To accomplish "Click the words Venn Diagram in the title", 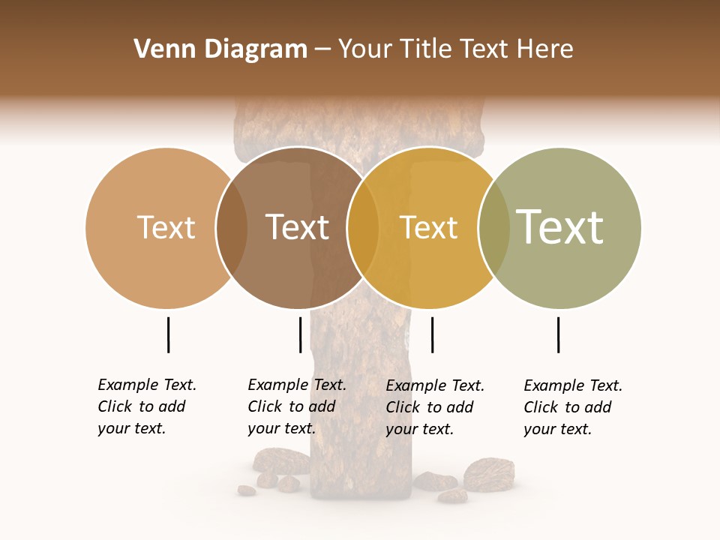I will (220, 49).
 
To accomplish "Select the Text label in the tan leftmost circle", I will (166, 227).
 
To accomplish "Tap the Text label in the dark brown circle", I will (297, 227).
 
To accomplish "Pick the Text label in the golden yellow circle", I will (428, 227).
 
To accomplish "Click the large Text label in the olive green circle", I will (559, 226).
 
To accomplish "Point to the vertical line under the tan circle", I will (168, 334).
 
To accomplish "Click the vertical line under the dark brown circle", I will (300, 334).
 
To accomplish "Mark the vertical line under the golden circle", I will (432, 334).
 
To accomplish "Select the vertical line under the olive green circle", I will (558, 334).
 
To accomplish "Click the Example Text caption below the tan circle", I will (146, 406).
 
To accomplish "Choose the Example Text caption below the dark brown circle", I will (296, 406).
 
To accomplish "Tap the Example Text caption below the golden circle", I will (434, 407).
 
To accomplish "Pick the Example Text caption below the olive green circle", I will (572, 407).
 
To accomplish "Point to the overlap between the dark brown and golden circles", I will (363, 227).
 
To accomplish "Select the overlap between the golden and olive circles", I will (493, 227).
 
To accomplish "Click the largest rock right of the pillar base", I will (488, 473).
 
